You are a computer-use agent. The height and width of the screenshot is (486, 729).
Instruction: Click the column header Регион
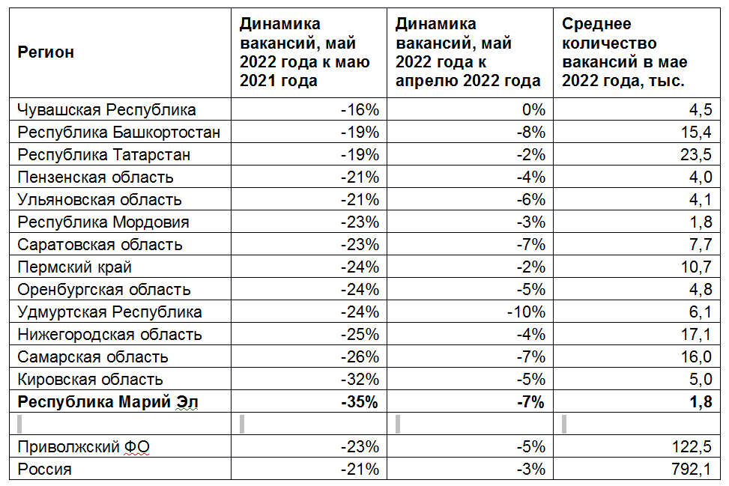pyautogui.click(x=46, y=52)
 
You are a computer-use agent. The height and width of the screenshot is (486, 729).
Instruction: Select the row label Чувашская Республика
pyautogui.click(x=106, y=110)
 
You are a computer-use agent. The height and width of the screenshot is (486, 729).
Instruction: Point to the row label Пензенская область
pyautogui.click(x=95, y=177)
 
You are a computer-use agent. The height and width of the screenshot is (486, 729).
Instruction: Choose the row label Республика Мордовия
pyautogui.click(x=103, y=222)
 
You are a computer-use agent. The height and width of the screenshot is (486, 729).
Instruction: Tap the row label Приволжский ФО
pyautogui.click(x=83, y=448)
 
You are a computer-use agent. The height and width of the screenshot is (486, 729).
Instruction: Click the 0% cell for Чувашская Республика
pyautogui.click(x=533, y=110)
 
